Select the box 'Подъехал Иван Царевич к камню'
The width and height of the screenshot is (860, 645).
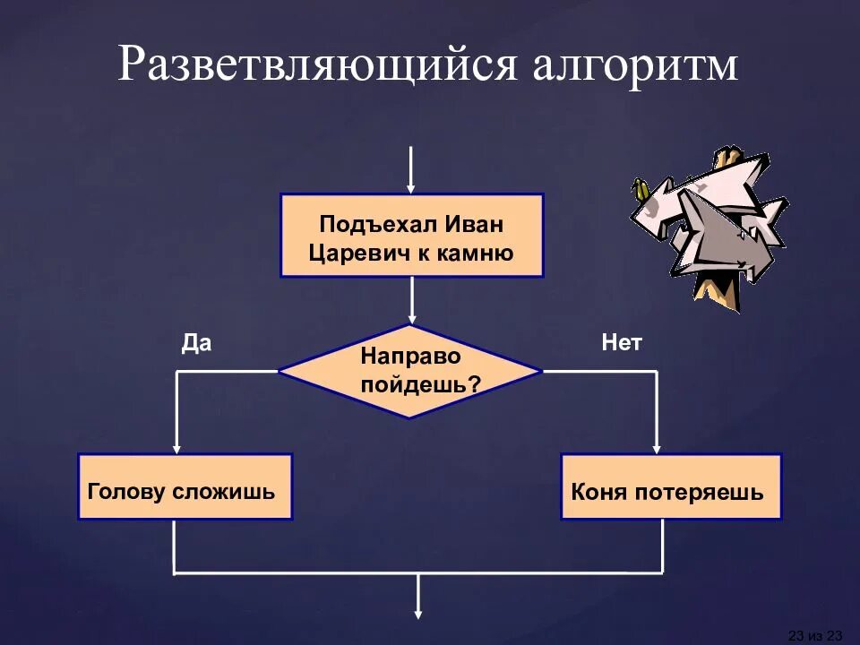pyautogui.click(x=412, y=236)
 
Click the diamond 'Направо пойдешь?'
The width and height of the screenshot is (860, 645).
pyautogui.click(x=410, y=370)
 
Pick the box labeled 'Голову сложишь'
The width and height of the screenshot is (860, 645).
pyautogui.click(x=185, y=486)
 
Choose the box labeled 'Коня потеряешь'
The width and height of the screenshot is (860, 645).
pyautogui.click(x=670, y=486)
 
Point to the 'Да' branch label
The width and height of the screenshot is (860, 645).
pyautogui.click(x=196, y=343)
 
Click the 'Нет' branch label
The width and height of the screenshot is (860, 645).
pyautogui.click(x=622, y=343)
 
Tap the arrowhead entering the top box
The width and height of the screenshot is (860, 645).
pyautogui.click(x=411, y=187)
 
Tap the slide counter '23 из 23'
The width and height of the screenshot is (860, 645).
pyautogui.click(x=814, y=635)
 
